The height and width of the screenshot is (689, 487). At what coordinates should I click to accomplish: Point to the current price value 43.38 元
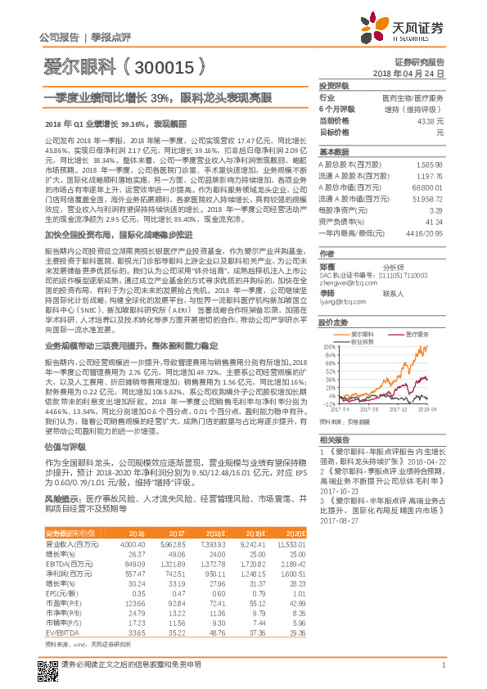430,120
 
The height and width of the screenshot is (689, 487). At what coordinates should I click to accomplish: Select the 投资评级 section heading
334,85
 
